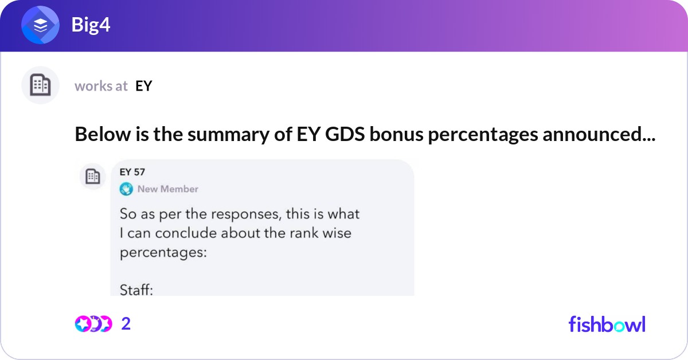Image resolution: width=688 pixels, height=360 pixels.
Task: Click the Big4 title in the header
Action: click(x=91, y=25)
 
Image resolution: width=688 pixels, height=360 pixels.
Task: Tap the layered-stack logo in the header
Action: click(x=40, y=26)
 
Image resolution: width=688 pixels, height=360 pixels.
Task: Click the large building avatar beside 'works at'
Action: click(x=40, y=85)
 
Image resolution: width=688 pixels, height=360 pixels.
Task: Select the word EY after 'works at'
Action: click(x=143, y=86)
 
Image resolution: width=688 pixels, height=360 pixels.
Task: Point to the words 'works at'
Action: click(x=101, y=86)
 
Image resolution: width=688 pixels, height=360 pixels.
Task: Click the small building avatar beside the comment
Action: click(x=92, y=177)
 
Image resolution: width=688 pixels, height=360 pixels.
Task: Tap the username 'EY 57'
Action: click(x=132, y=172)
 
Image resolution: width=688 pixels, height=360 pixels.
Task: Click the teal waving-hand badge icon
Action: click(x=126, y=189)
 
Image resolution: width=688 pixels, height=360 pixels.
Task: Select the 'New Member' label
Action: click(x=167, y=189)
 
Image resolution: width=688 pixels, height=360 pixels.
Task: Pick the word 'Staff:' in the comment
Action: click(x=136, y=290)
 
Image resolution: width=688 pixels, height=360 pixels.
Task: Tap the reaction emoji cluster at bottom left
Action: click(x=93, y=324)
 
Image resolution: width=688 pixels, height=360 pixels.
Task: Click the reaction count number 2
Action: click(x=126, y=324)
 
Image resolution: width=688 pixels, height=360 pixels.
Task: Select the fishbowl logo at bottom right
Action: click(x=607, y=324)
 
